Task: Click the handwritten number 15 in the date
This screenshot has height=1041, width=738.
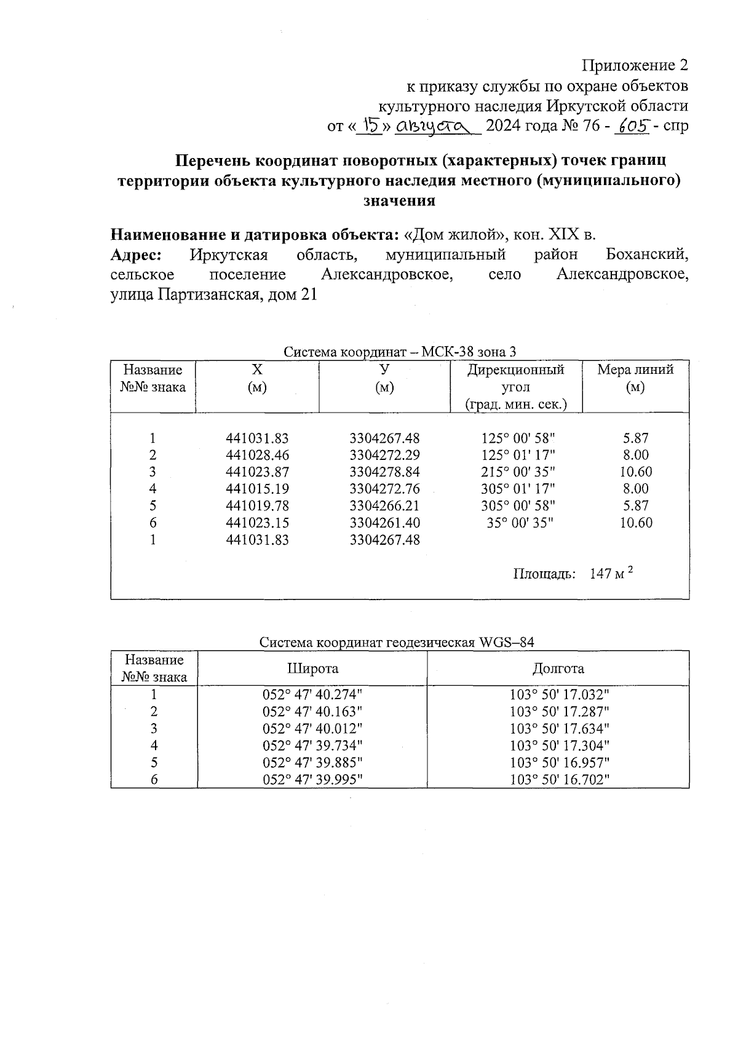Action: (371, 125)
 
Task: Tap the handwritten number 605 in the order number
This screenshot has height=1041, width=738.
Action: (633, 125)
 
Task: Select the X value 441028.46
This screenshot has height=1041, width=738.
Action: (257, 456)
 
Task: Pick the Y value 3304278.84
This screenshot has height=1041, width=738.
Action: (384, 472)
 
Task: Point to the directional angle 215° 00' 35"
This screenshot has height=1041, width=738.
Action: (518, 472)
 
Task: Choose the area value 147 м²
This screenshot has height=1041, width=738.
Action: (611, 574)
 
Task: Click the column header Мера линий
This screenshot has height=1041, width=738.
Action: (635, 370)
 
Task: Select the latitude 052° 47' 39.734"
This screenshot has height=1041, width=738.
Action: (312, 746)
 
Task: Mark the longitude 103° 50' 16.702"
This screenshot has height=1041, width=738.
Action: (559, 780)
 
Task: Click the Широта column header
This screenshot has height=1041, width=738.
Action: (312, 669)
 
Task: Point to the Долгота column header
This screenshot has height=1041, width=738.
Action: (558, 669)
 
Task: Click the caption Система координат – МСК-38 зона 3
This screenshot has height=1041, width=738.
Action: (399, 352)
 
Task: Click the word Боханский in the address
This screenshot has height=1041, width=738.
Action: (646, 255)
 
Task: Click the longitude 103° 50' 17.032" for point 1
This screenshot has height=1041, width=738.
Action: (559, 695)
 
